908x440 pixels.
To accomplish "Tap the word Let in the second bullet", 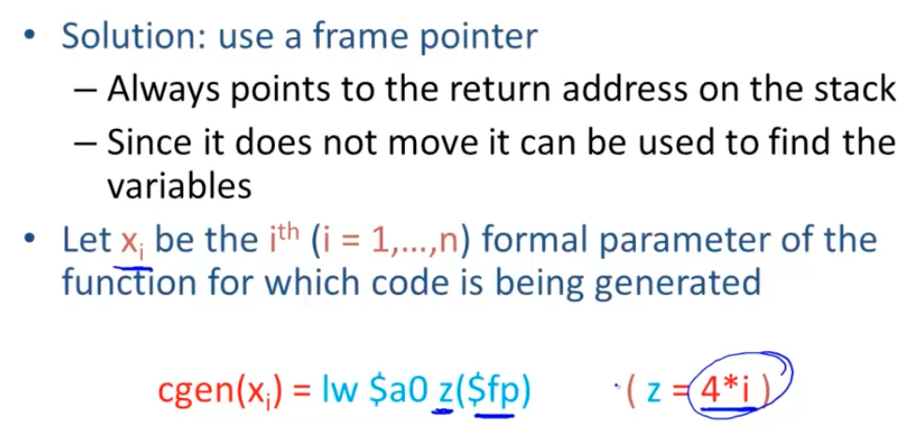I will (x=87, y=239).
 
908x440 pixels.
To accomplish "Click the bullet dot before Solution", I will (x=31, y=37).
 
